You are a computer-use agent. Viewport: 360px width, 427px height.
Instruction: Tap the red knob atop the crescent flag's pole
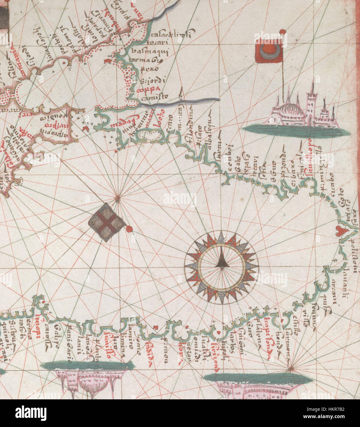pos(282,31)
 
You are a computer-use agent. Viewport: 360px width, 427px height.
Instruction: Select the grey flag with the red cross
pos(106,222)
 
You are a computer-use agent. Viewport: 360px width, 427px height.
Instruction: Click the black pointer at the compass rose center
pos(221,261)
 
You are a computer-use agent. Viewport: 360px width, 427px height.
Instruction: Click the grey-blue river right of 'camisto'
pos(197,100)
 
